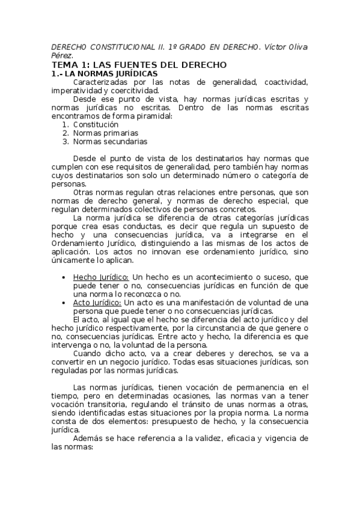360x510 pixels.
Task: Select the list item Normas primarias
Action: click(106, 133)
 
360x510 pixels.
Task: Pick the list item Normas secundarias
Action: click(110, 142)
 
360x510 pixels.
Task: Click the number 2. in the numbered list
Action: click(66, 133)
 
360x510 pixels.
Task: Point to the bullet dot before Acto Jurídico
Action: click(64, 303)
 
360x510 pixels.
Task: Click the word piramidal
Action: click(153, 115)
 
